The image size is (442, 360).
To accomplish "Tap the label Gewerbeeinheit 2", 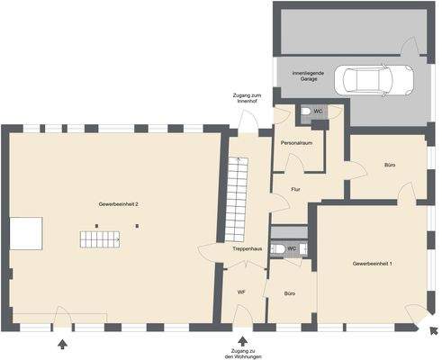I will pos(119,205).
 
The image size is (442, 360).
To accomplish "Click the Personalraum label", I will pos(298,144).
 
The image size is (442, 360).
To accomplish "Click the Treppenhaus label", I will pos(247,247).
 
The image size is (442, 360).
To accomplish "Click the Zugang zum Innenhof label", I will pos(247,99).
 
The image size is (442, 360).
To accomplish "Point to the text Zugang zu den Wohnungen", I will pos(243,352).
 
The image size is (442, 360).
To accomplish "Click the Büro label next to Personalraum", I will pos(390,166).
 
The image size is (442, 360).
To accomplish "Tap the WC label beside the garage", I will pos(318,111).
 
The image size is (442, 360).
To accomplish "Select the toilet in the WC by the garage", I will pos(305,112).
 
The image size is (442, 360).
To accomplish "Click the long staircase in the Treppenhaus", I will pos(236,194).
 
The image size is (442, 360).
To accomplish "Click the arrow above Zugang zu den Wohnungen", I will pos(244,338).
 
